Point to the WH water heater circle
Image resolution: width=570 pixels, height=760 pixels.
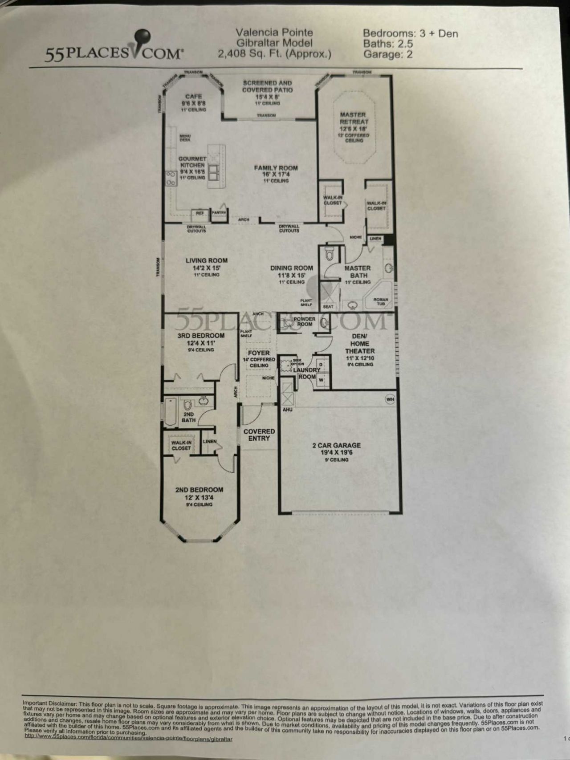390,399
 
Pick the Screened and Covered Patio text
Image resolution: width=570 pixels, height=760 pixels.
267,86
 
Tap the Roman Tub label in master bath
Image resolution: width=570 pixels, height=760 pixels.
381,301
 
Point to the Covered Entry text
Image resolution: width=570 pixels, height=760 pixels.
259,435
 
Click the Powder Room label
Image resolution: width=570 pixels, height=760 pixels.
304,321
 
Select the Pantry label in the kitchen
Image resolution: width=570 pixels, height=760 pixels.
219,213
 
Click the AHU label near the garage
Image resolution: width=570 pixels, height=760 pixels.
288,409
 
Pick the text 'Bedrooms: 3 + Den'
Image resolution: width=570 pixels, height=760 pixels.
410,33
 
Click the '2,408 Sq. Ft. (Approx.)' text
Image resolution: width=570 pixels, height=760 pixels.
274,54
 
